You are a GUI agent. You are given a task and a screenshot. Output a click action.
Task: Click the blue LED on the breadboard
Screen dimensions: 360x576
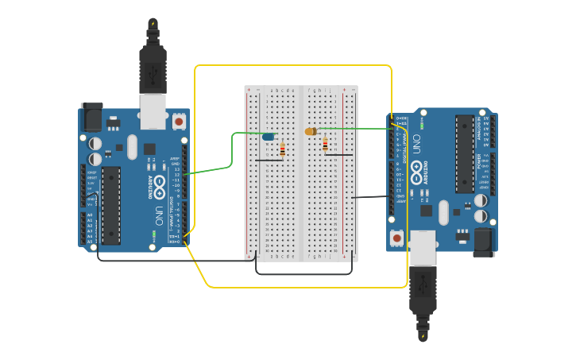coord(269,137)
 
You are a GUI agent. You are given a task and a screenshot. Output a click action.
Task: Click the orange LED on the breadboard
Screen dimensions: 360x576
coord(310,131)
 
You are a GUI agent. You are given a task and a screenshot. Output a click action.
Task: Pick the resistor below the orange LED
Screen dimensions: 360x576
coord(325,144)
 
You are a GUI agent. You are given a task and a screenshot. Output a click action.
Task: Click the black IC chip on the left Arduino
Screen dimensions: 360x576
coord(110,204)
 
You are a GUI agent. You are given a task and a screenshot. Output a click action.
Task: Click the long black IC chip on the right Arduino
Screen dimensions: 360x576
coord(464,153)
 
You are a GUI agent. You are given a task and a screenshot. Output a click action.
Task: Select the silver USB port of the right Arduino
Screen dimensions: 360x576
coord(423,248)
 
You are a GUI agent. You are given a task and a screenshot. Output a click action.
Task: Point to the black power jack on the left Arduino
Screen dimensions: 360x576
coord(91,117)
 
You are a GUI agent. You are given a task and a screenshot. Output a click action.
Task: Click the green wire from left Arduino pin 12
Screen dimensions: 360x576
coord(215,167)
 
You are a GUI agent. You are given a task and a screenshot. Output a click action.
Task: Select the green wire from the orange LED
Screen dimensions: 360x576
coord(358,128)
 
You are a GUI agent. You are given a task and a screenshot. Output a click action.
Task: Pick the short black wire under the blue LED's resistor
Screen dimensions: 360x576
coord(269,160)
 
